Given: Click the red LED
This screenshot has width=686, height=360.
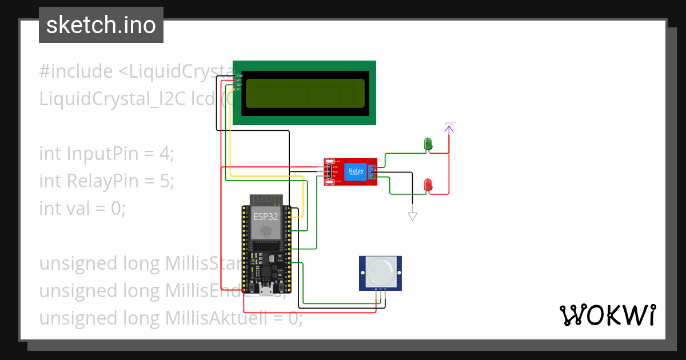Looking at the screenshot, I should (x=427, y=185).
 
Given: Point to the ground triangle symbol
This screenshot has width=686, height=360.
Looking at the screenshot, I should (x=412, y=216).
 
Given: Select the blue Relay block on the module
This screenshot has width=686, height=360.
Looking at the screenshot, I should (x=356, y=171).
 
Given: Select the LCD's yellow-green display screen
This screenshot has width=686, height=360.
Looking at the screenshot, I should (x=305, y=93).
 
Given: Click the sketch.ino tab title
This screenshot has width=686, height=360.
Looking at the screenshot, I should (x=101, y=25).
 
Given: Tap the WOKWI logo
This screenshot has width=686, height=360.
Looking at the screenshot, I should (x=607, y=315).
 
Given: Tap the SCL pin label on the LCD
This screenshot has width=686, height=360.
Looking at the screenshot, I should (x=239, y=89).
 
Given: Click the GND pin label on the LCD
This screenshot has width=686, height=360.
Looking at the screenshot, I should (x=240, y=75).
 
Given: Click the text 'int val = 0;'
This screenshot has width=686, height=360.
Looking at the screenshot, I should (x=82, y=209).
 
